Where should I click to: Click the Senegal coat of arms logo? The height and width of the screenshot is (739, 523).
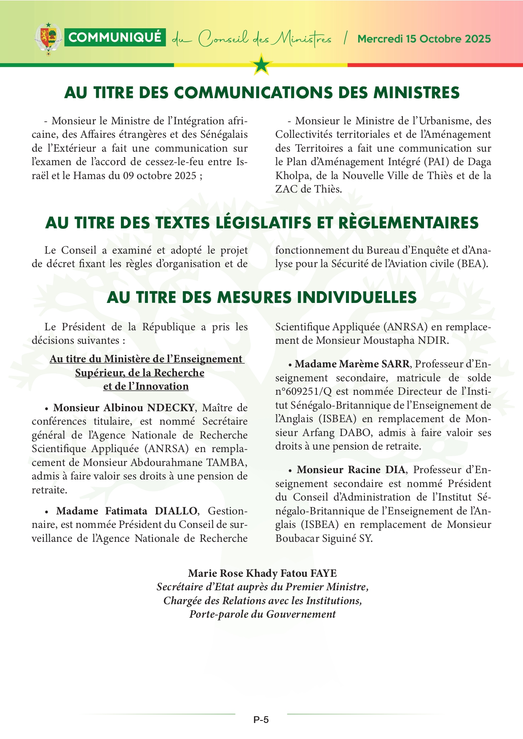[x=48, y=38]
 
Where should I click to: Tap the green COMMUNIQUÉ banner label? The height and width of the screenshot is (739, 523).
[x=115, y=37]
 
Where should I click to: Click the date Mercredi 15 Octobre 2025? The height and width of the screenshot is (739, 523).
[x=424, y=39]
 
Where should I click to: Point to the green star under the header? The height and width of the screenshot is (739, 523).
[x=262, y=65]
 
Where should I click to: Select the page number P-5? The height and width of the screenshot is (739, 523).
[x=261, y=720]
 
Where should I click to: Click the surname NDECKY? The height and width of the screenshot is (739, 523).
[x=170, y=408]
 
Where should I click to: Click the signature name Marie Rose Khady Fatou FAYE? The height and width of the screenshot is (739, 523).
[x=262, y=573]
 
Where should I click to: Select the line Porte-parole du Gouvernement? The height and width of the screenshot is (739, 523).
[x=262, y=614]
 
